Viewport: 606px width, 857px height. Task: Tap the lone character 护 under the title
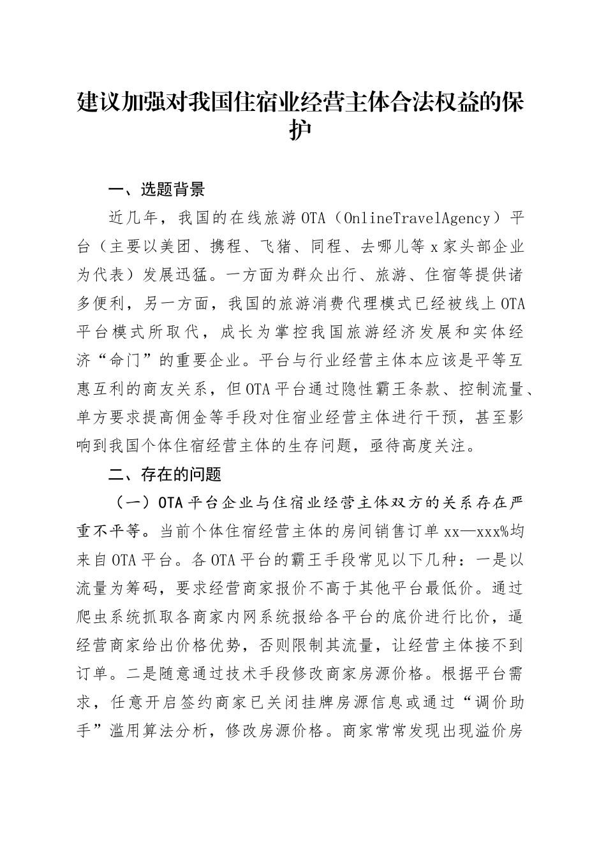tap(302, 129)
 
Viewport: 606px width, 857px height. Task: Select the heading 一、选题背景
tap(157, 189)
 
